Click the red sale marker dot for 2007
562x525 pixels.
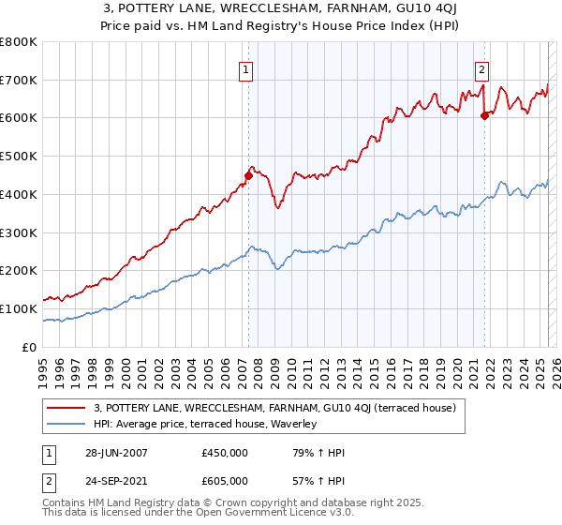[x=249, y=175]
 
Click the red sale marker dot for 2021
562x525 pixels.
[x=484, y=116]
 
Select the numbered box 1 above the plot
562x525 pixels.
[x=245, y=68]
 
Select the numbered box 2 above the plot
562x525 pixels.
[x=481, y=68]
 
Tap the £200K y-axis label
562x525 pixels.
[x=19, y=270]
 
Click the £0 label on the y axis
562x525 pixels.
[x=30, y=347]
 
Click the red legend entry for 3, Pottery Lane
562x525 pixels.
[x=274, y=408]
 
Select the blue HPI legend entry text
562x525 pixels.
[x=205, y=425]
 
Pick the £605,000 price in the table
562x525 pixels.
[x=224, y=480]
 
